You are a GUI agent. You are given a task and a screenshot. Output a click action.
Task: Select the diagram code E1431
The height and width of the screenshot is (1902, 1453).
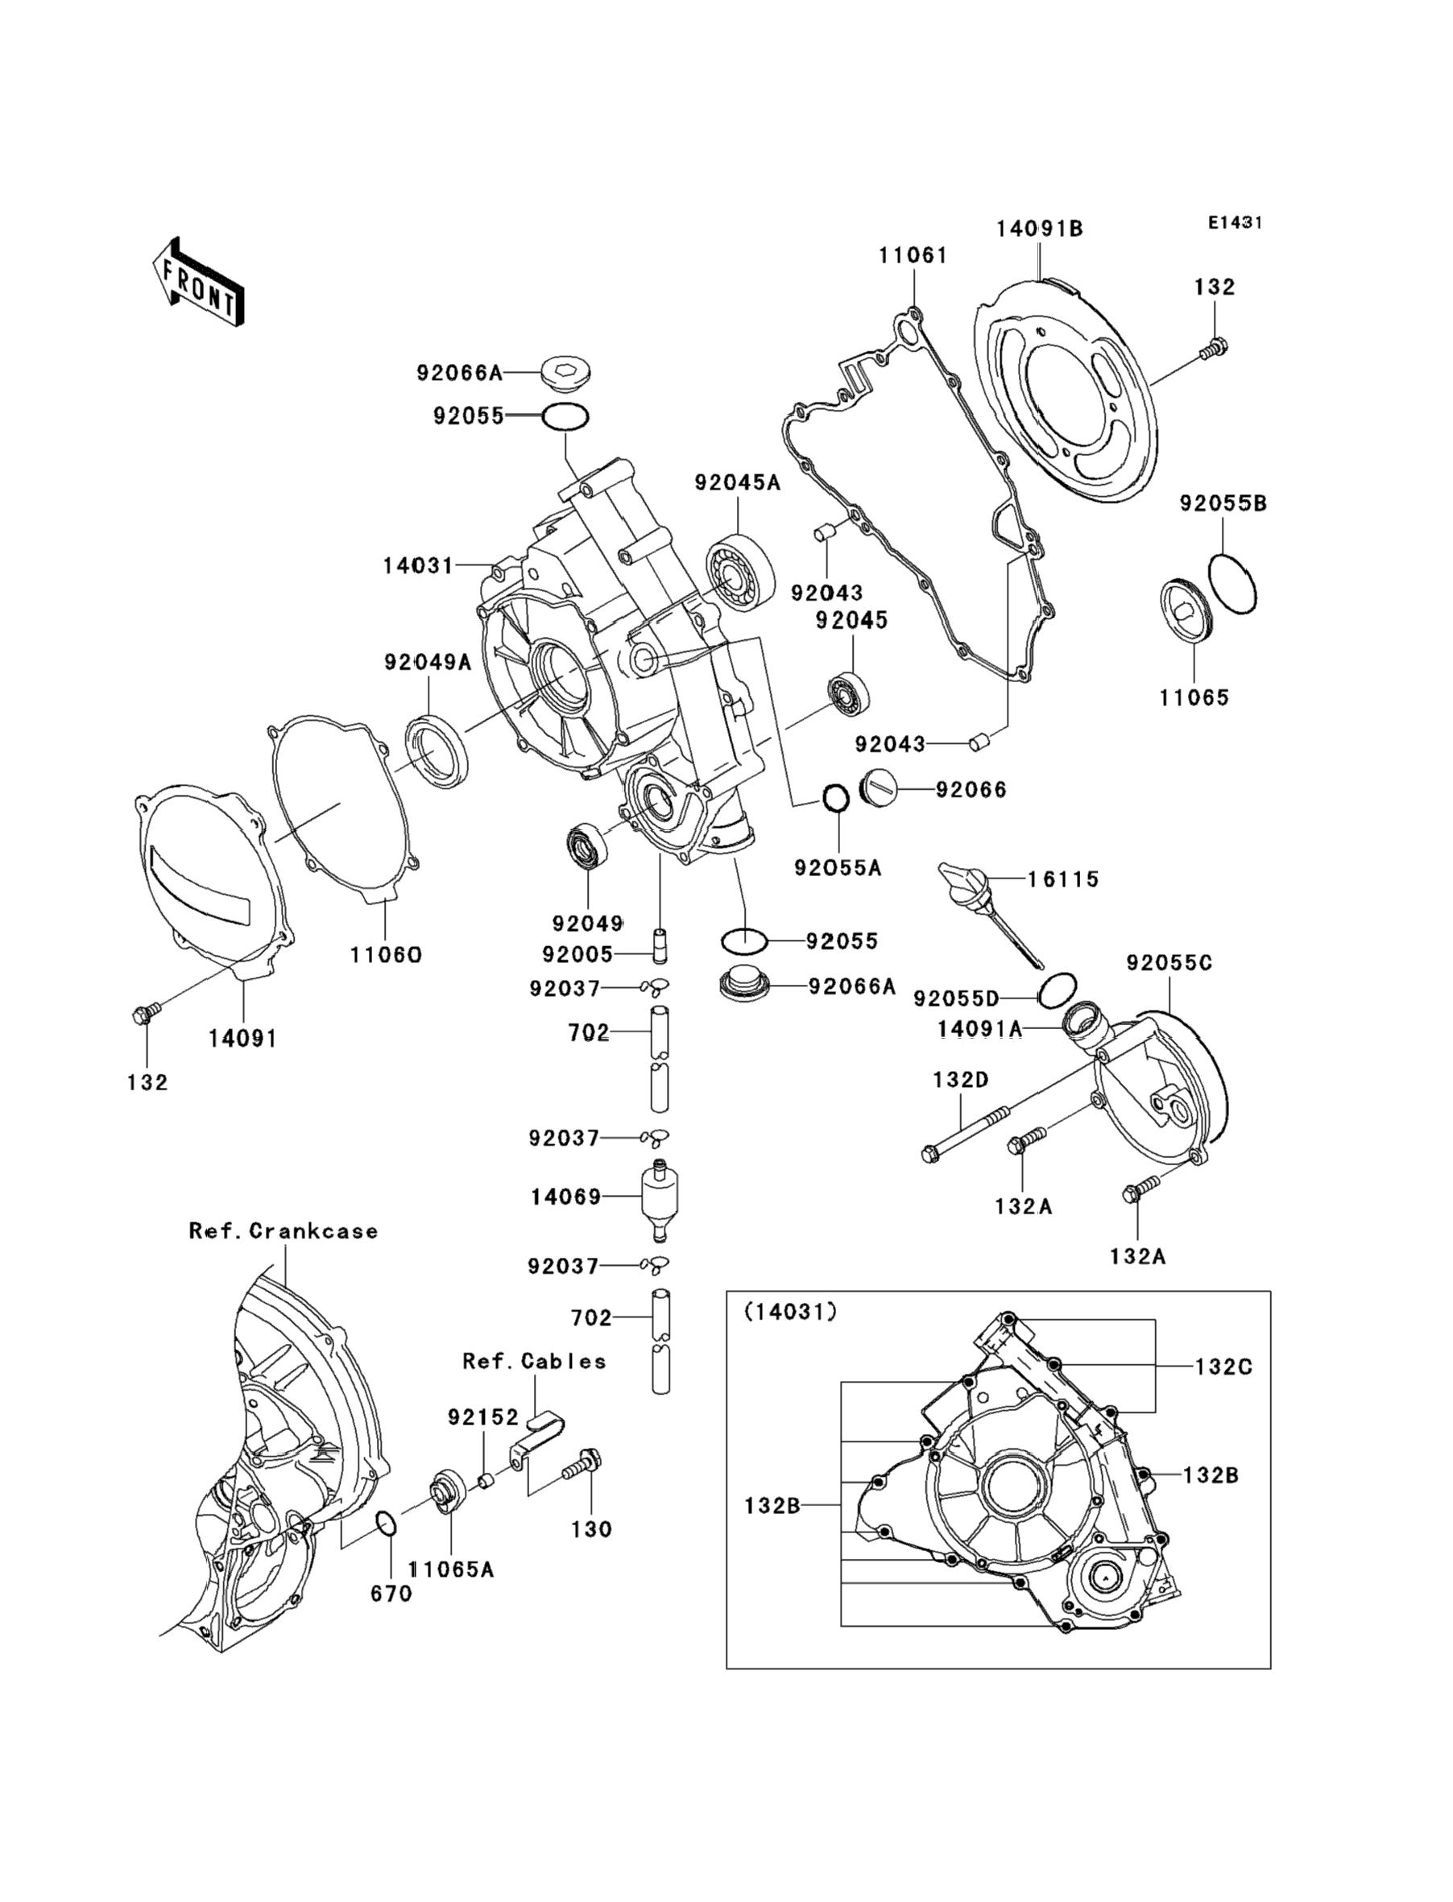1235,223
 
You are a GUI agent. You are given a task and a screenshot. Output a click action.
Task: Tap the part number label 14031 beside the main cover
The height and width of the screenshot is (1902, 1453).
418,566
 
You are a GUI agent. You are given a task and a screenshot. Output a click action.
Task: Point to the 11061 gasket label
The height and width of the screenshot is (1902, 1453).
913,256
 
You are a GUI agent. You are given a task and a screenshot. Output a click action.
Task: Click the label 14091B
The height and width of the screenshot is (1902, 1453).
1039,229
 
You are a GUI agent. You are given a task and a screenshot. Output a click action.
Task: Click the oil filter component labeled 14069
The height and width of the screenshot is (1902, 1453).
660,1197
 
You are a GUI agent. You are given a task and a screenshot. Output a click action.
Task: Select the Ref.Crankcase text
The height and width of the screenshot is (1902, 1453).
284,1231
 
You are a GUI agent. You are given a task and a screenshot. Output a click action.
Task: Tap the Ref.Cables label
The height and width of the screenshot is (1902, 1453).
534,1362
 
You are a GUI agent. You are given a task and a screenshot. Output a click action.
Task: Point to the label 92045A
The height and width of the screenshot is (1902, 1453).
737,483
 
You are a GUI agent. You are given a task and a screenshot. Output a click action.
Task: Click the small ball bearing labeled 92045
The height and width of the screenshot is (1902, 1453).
848,693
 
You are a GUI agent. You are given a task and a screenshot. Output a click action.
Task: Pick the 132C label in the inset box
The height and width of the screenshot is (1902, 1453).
1223,1367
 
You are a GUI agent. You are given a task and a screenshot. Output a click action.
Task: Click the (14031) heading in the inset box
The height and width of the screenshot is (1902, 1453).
790,1313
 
